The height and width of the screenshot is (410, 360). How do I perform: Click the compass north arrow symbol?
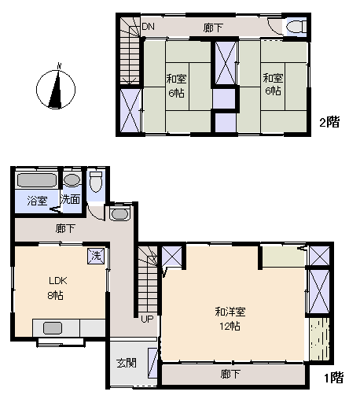56,89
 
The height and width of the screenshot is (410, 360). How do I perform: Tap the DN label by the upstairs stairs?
149,27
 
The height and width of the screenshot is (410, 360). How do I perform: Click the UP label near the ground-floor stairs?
147,319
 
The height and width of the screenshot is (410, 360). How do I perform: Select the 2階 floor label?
329,122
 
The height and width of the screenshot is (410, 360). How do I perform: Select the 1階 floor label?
333,378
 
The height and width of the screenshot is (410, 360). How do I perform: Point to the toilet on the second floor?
296,27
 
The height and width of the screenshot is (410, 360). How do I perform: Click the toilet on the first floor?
96,182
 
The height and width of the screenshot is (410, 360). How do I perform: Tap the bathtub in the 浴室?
37,180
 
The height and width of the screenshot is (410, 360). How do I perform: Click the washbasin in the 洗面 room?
72,180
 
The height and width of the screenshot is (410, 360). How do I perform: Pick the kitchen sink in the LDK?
53,328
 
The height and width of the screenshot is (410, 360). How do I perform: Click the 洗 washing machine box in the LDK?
96,256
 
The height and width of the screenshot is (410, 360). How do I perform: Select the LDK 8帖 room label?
57,288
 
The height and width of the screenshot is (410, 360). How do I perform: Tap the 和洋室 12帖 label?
230,319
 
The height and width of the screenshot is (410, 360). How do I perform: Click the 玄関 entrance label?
127,363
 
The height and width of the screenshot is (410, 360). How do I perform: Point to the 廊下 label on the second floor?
213,28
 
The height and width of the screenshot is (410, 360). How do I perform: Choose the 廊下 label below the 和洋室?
230,374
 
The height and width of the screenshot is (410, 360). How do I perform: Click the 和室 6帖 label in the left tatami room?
176,86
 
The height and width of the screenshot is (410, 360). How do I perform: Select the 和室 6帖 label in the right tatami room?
273,84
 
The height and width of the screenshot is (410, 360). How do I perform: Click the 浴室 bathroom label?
37,201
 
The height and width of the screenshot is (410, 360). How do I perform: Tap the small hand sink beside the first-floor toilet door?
119,214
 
